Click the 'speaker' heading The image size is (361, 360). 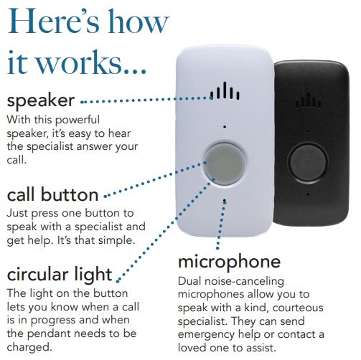[41, 101]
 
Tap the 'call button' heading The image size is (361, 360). [52, 194]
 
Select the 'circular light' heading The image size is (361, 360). [60, 275]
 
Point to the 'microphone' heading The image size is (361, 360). [229, 262]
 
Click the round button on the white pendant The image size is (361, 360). [225, 163]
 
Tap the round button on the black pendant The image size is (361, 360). [308, 162]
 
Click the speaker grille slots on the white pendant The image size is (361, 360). [225, 90]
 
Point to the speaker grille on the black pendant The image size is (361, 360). [309, 100]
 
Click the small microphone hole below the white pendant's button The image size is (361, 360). [225, 201]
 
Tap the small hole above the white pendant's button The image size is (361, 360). [225, 127]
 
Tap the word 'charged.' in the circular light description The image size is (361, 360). [29, 347]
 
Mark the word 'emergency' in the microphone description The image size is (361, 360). [206, 335]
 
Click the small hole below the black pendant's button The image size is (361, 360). [308, 194]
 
